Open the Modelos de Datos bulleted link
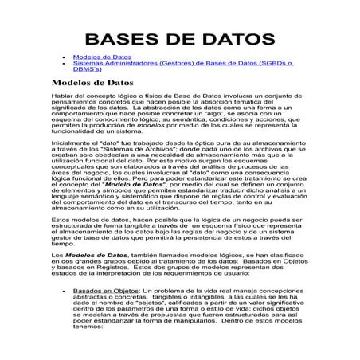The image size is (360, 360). (102, 58)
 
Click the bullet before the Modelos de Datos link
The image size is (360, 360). (65, 58)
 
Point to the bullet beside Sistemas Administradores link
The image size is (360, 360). (65, 65)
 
